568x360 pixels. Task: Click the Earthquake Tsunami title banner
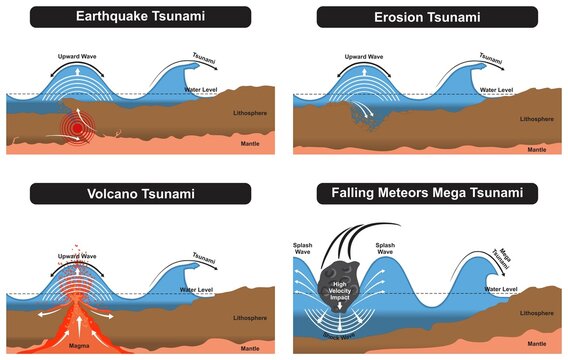pyautogui.click(x=139, y=17)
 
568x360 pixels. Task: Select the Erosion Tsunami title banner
pyautogui.click(x=424, y=17)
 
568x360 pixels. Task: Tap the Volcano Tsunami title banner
pyautogui.click(x=139, y=194)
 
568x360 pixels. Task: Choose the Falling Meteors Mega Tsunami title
pyautogui.click(x=424, y=194)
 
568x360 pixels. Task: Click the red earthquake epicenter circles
pyautogui.click(x=72, y=129)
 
